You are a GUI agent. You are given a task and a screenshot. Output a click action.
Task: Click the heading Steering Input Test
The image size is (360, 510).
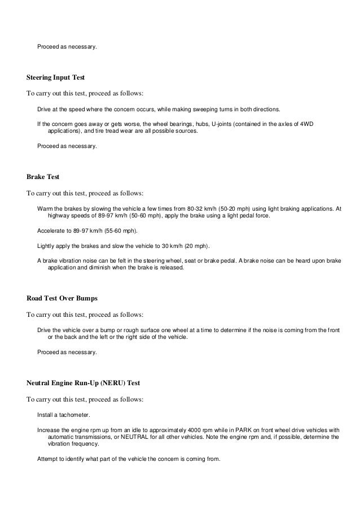point(56,76)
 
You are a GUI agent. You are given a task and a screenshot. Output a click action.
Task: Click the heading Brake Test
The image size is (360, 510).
point(43,177)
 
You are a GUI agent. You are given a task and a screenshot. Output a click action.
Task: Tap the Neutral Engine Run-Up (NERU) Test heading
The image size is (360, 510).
point(84,383)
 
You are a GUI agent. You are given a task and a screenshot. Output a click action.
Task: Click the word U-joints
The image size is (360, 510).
point(223,123)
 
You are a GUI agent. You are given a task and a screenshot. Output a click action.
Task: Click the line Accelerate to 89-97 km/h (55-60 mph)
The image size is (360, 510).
point(87,231)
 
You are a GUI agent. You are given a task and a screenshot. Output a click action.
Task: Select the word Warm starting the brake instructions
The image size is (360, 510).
point(45,208)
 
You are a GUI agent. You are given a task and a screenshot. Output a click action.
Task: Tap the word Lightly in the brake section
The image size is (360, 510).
point(47,246)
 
